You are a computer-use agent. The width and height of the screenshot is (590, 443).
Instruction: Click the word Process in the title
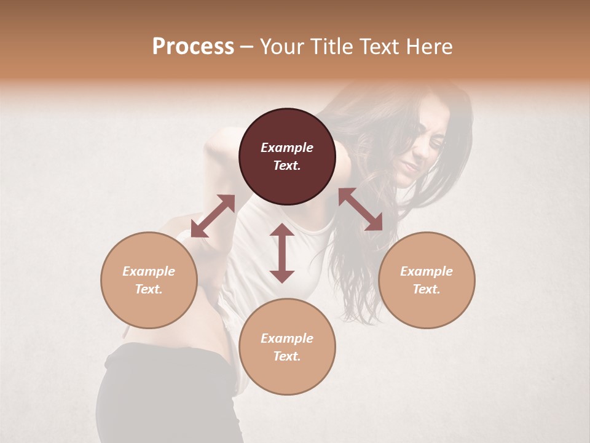pos(193,47)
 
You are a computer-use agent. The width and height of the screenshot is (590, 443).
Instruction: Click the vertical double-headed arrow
pos(282,253)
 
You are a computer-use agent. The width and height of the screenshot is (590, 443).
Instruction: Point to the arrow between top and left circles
pos(213,215)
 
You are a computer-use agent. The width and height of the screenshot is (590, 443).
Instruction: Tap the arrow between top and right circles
pos(360,209)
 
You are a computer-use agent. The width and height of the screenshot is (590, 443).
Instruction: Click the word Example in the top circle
pos(287,148)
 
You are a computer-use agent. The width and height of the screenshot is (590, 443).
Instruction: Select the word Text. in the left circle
pos(149,289)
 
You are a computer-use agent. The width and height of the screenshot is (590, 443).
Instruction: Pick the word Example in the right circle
pos(427,271)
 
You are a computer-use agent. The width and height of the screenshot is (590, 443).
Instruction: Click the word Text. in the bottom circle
pos(287,356)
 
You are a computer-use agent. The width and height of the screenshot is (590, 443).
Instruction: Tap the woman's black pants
pos(166,394)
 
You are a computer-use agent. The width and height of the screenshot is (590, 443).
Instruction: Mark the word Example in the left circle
pos(149,271)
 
